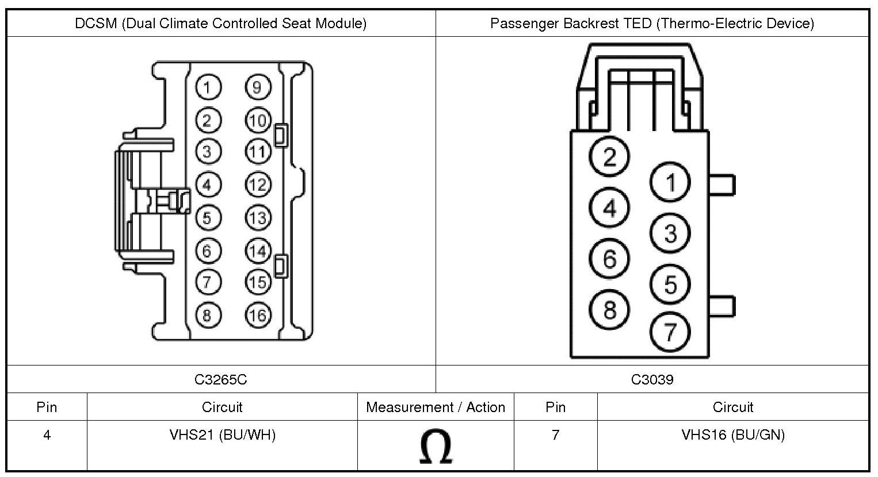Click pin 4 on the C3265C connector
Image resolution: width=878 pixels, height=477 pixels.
pyautogui.click(x=207, y=184)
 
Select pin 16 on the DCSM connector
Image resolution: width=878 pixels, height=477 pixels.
pyautogui.click(x=258, y=315)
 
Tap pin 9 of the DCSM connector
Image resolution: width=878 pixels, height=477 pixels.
pyautogui.click(x=258, y=87)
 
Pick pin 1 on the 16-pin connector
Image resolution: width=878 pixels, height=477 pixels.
pyautogui.click(x=207, y=87)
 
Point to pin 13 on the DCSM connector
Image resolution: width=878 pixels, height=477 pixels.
pyautogui.click(x=258, y=218)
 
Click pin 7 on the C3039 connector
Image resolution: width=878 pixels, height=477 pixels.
pyautogui.click(x=670, y=332)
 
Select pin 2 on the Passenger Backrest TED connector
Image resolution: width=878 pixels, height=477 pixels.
pyautogui.click(x=610, y=156)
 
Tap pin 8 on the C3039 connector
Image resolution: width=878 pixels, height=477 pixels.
pyautogui.click(x=610, y=310)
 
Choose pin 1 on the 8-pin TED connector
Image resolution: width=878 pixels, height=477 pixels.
pyautogui.click(x=670, y=183)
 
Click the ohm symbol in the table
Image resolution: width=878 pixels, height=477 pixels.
pyautogui.click(x=436, y=447)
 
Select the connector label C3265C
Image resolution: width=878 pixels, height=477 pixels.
pyautogui.click(x=221, y=379)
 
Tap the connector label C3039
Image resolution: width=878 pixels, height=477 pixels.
pyautogui.click(x=652, y=379)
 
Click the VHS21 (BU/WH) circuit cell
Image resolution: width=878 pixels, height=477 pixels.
pyautogui.click(x=222, y=435)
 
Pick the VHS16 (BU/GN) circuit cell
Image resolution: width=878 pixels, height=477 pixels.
pyautogui.click(x=733, y=435)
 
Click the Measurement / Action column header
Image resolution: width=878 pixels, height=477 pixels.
pyautogui.click(x=436, y=407)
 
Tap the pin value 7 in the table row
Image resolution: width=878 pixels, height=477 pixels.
pyautogui.click(x=555, y=435)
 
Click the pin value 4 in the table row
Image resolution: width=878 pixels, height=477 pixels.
pyautogui.click(x=47, y=435)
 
